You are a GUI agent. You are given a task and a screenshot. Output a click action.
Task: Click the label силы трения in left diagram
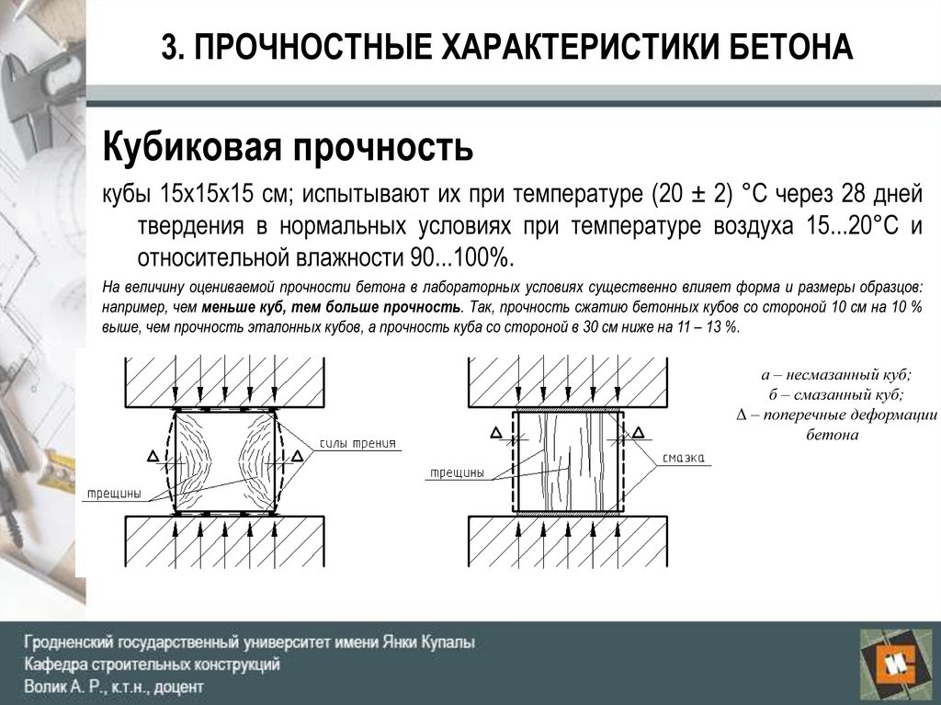[x=357, y=443]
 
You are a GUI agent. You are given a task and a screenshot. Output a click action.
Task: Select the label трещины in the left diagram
[x=114, y=493]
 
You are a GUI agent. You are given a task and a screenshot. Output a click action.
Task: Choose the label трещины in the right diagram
[x=456, y=472]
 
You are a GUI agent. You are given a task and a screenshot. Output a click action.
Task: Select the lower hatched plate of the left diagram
[x=225, y=542]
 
